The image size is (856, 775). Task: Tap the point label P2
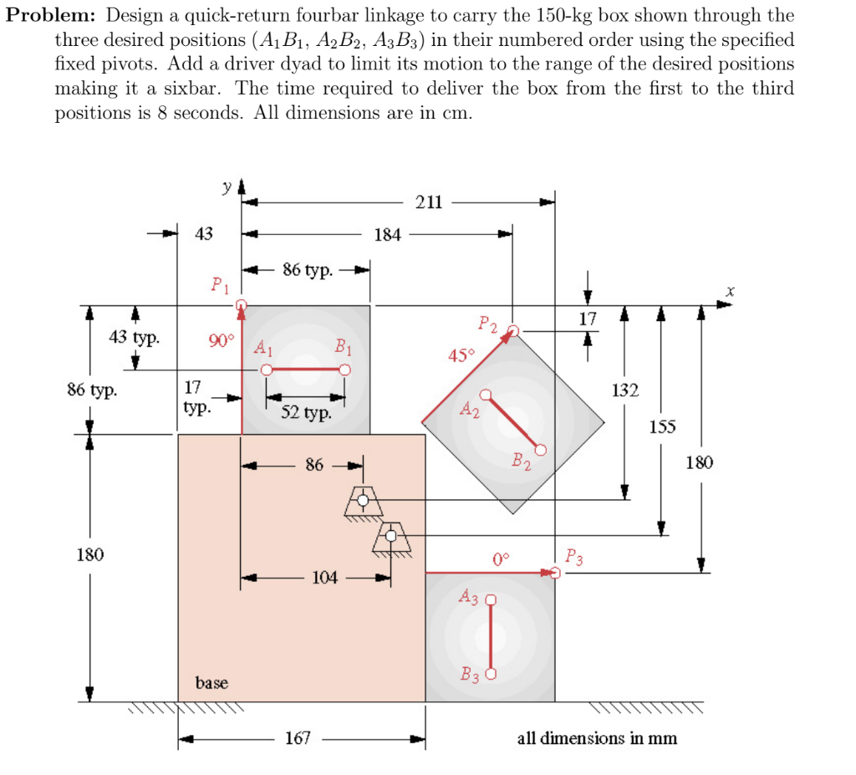(487, 324)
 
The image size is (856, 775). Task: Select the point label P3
(575, 555)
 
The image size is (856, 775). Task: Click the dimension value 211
(430, 201)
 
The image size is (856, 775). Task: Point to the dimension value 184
(387, 235)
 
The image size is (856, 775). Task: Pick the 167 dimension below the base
(298, 738)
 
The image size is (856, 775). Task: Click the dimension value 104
(326, 576)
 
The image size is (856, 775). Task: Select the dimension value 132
(624, 390)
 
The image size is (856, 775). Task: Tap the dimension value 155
(662, 427)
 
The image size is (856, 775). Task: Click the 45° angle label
(461, 354)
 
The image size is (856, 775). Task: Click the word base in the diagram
(211, 683)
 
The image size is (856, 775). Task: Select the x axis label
(730, 291)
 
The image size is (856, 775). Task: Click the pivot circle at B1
(344, 370)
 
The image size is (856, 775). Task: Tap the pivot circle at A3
(491, 599)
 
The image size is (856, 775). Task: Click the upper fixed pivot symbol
(363, 501)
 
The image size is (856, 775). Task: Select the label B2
(520, 460)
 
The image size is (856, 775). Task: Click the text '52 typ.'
(306, 412)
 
